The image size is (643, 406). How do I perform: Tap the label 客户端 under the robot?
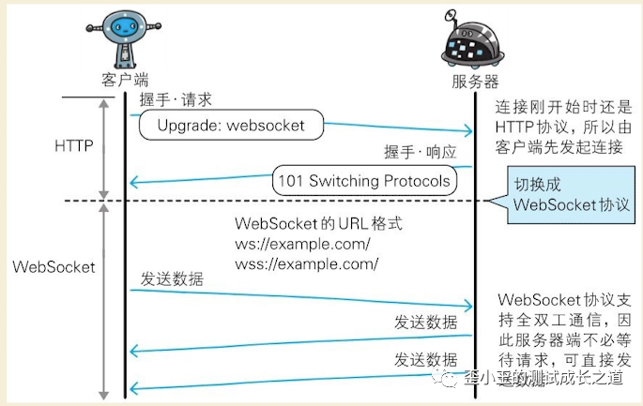[x=124, y=80]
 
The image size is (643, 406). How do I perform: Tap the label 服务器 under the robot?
[x=475, y=82]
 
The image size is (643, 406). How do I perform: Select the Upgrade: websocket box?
[x=231, y=125]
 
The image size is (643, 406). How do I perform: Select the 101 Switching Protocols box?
[x=364, y=179]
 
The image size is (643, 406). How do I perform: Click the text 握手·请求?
[x=176, y=98]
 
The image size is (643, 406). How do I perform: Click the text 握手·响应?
[x=420, y=152]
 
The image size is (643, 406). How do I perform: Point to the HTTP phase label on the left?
[x=73, y=146]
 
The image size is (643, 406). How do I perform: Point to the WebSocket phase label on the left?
[x=54, y=266]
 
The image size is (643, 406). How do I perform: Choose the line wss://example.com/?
[x=306, y=264]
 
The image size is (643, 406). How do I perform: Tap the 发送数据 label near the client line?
[x=172, y=278]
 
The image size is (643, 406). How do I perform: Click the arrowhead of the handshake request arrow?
[x=467, y=132]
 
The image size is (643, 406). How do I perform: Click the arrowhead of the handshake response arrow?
[x=134, y=181]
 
